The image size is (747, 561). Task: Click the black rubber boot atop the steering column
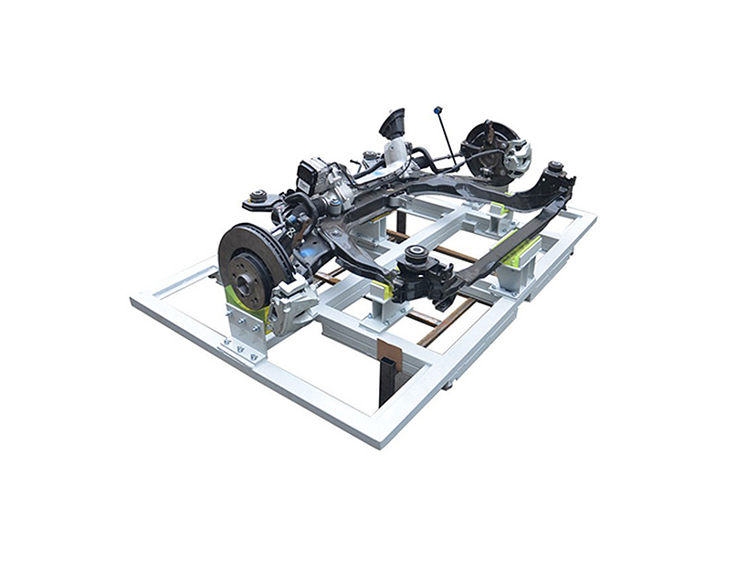392,122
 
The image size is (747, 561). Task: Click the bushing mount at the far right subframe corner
553,169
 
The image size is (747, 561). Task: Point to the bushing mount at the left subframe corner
258,196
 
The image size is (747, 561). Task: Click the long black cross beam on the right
511,219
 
